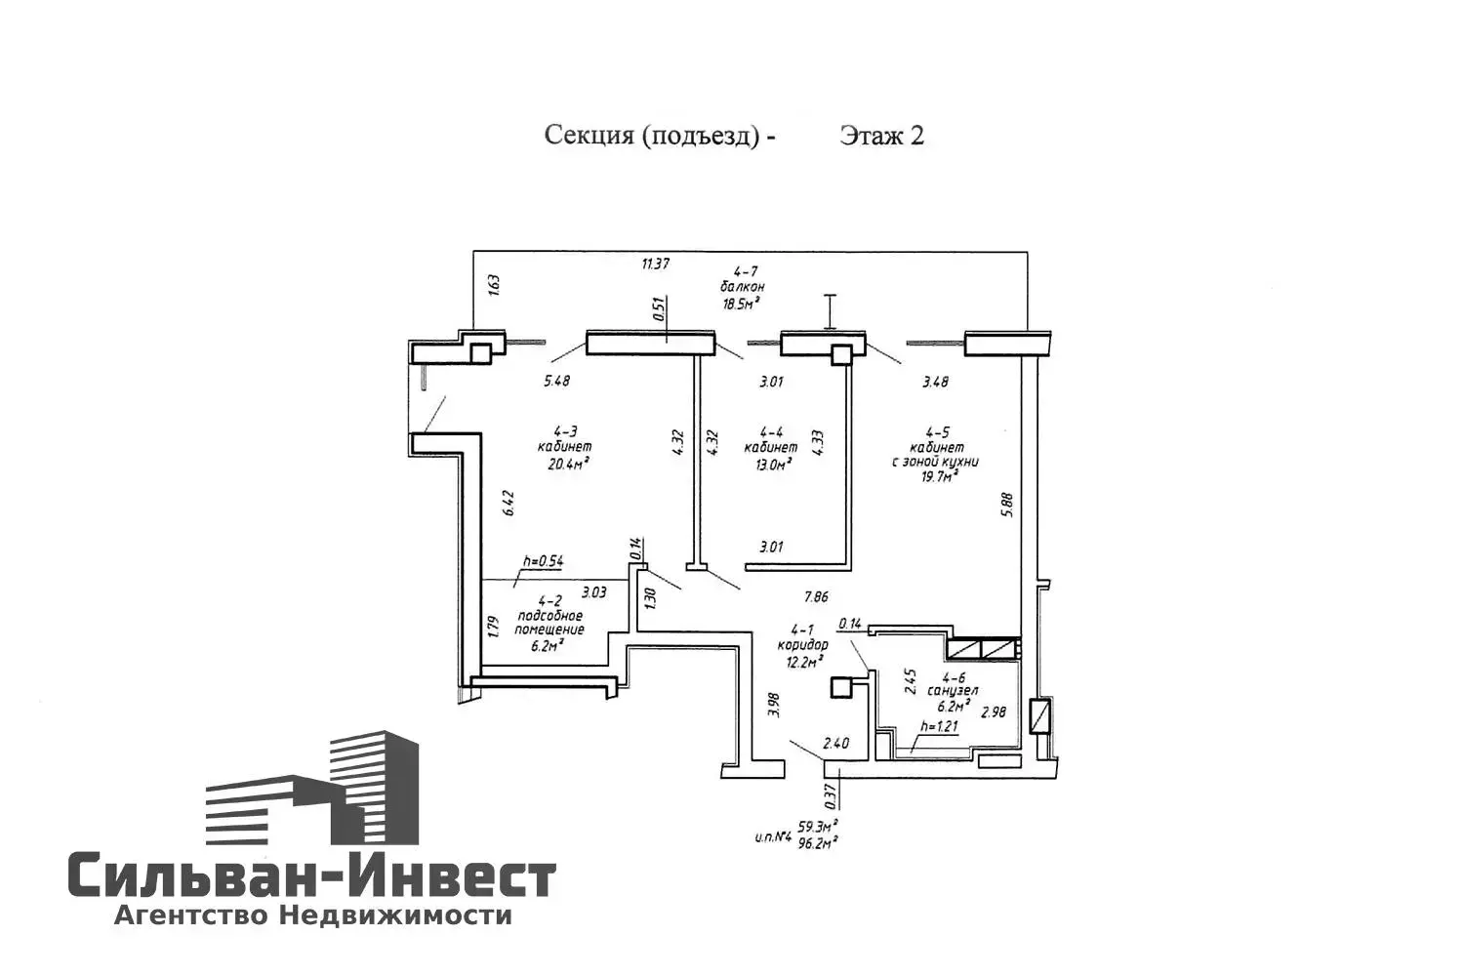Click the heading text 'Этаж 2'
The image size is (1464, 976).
[880, 135]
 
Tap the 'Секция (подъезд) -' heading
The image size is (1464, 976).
[660, 135]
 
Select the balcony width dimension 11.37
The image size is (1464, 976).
[656, 263]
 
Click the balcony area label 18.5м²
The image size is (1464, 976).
[741, 304]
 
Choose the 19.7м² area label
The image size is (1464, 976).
[935, 477]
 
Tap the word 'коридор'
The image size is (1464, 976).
[802, 645]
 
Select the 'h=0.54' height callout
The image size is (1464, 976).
[544, 561]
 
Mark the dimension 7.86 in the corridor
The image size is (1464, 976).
[817, 596]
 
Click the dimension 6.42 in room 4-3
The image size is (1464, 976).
[508, 504]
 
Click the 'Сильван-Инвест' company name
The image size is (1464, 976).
[311, 876]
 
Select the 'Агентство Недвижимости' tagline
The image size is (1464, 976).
[312, 915]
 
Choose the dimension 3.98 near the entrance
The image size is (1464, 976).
[774, 705]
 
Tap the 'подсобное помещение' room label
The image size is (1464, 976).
[549, 623]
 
